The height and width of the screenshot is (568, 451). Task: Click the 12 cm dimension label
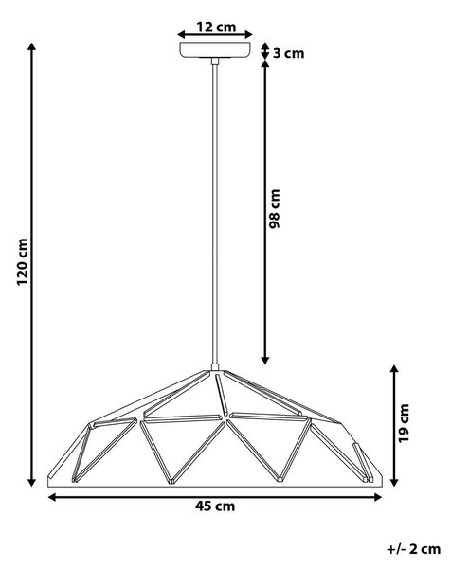(x=216, y=27)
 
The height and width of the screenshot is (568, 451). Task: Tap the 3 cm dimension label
(x=288, y=53)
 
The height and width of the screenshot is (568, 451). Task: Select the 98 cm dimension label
(x=275, y=208)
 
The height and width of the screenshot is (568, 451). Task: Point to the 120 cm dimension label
(x=22, y=261)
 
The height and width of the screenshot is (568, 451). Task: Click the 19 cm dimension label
(x=403, y=423)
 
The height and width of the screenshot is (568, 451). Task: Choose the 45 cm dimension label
(x=215, y=506)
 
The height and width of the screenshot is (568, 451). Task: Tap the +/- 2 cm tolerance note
(x=413, y=549)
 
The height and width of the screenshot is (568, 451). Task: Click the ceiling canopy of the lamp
(x=215, y=49)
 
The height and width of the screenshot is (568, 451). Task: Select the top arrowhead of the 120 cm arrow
(x=32, y=47)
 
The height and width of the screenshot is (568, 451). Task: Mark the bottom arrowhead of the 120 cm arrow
(x=32, y=482)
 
